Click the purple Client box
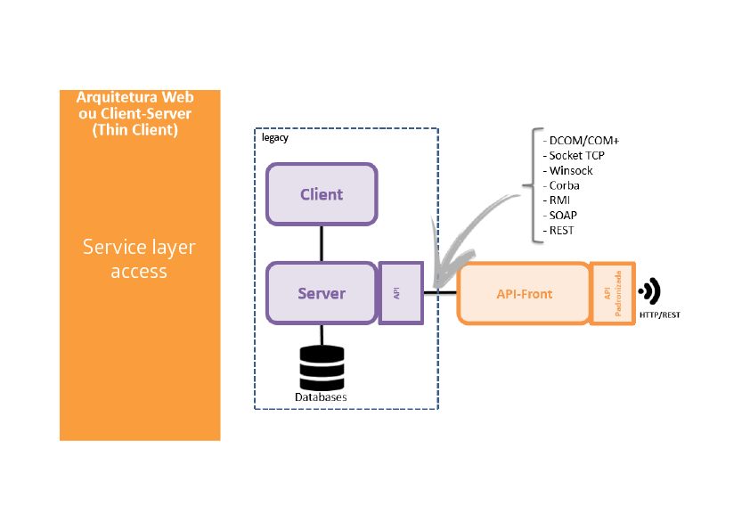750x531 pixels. coord(322,194)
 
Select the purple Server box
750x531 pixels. coord(322,293)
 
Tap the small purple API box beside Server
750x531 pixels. coord(401,292)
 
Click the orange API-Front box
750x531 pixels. coord(524,293)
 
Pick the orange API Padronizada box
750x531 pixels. coord(613,293)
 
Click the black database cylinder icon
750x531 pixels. coord(322,365)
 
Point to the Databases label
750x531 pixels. coord(322,396)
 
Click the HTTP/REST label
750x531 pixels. coord(659,315)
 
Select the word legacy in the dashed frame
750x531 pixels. coord(275,138)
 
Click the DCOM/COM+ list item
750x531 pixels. coord(583,140)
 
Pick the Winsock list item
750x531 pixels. coord(571,170)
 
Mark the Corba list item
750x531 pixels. coord(565,185)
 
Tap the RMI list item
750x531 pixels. coord(560,200)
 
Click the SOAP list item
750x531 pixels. coord(562,216)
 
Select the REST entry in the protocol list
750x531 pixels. coord(562,231)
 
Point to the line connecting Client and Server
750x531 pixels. coord(322,242)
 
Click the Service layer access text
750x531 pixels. coord(139,258)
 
